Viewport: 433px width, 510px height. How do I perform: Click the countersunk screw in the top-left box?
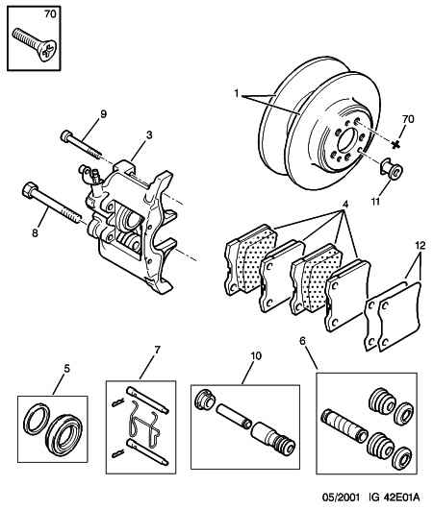(35, 44)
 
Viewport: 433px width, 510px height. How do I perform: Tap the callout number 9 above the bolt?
(103, 114)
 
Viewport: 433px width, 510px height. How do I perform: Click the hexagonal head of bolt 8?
(30, 189)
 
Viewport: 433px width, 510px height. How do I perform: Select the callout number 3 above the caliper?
(149, 134)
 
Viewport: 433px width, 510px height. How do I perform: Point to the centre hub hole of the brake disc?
(348, 140)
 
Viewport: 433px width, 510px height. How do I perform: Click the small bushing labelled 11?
(392, 168)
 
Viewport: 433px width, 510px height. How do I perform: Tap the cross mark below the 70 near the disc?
(395, 144)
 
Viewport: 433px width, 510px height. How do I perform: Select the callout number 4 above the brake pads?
(345, 205)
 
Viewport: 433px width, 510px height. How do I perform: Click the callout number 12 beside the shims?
(420, 246)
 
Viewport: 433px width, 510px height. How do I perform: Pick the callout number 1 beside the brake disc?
(237, 94)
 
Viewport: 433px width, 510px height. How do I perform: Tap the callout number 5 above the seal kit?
(66, 369)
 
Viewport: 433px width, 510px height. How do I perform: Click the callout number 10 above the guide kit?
(256, 356)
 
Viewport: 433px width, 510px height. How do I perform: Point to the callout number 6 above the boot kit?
(303, 341)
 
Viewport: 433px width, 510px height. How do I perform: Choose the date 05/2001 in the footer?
(342, 498)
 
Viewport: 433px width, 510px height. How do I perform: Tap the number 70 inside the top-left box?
(50, 14)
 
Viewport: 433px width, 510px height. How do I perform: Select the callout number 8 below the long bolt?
(35, 233)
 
